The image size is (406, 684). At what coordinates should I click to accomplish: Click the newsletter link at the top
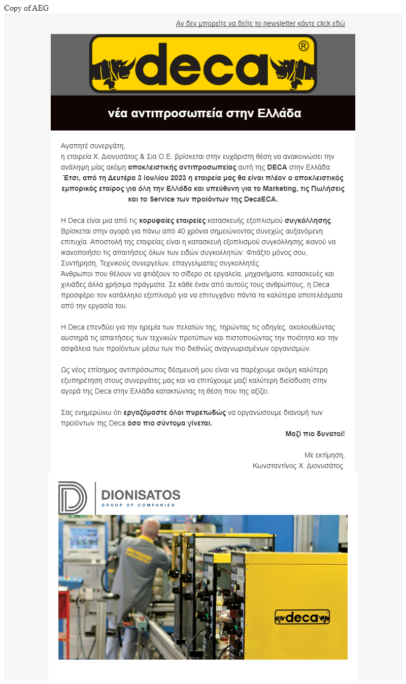[x=260, y=24]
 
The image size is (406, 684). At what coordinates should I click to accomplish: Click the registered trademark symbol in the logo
[x=303, y=47]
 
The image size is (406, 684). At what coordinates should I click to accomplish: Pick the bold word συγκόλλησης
[x=308, y=221]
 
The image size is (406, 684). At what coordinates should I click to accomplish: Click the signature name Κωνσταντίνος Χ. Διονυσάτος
[x=298, y=466]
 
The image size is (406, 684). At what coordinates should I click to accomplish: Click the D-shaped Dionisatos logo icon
[x=72, y=497]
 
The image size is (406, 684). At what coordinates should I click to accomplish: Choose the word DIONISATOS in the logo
[x=141, y=495]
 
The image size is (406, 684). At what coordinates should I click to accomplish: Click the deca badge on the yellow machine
[x=302, y=617]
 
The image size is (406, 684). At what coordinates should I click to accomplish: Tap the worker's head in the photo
[x=150, y=527]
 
